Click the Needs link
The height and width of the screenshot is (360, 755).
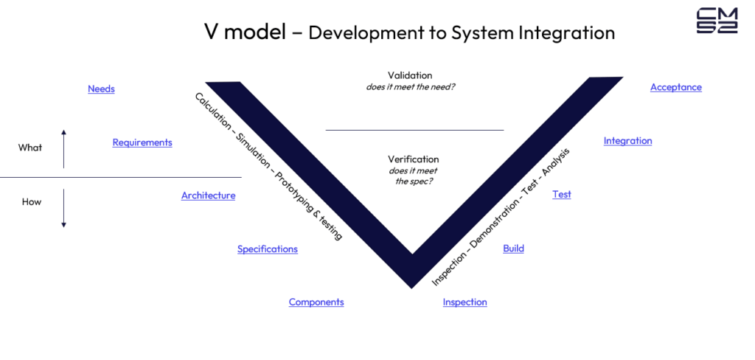coord(101,89)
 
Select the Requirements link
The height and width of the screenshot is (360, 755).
coord(142,142)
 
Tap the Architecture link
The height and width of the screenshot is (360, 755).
coord(208,195)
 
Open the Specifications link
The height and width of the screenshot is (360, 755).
coord(267,249)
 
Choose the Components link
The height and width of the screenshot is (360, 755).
coord(316,302)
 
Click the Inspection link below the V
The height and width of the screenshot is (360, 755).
coord(465,302)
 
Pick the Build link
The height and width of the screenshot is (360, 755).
coord(513,249)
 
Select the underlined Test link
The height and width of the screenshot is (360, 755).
coord(562,195)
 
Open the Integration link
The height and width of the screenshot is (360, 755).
coord(627,141)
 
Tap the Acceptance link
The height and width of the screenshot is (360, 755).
coord(675,87)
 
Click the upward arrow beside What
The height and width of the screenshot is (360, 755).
coord(64,148)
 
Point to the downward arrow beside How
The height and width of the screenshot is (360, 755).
coord(64,208)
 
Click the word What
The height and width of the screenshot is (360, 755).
coord(30,148)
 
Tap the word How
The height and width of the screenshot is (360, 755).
coord(32,201)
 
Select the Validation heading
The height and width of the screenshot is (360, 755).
coord(410,75)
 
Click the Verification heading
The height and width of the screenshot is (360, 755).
coord(413,159)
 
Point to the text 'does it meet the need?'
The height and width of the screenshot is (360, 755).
coord(411,87)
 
